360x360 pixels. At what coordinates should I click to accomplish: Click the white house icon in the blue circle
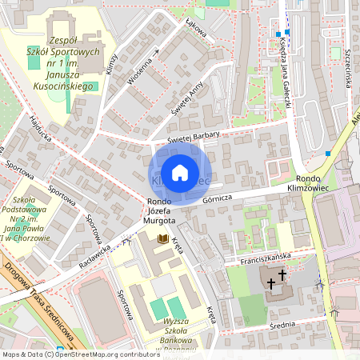180,173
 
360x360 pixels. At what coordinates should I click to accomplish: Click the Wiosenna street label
142,68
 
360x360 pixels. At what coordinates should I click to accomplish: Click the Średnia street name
282,323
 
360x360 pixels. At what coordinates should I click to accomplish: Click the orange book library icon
162,238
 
